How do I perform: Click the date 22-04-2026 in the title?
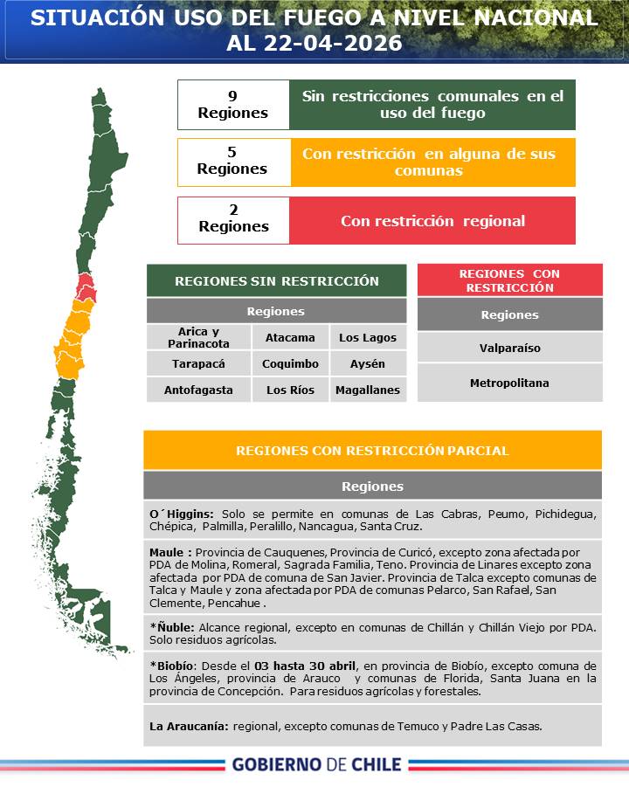tap(346, 44)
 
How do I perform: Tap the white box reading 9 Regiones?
tap(233, 105)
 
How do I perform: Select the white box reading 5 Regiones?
tap(233, 162)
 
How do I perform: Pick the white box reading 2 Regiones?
tap(233, 219)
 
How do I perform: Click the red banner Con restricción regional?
tap(432, 221)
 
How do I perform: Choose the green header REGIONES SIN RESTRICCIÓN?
tap(276, 281)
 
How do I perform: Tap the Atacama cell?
tap(290, 338)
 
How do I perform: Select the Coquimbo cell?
tap(290, 364)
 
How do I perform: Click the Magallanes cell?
tap(368, 390)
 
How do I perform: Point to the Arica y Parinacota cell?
tap(198, 338)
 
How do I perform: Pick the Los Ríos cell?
tap(290, 390)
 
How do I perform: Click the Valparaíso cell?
tap(509, 348)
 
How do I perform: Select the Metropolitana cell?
tap(509, 383)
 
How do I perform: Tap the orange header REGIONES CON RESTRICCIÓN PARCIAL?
tap(372, 451)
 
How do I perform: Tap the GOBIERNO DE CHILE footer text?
tap(316, 765)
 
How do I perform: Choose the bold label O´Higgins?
tap(181, 514)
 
